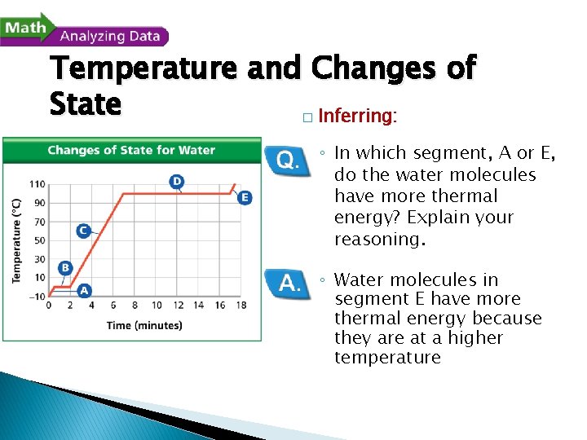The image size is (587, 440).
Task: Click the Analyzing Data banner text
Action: pyautogui.click(x=110, y=36)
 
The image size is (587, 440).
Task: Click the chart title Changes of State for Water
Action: pyautogui.click(x=131, y=150)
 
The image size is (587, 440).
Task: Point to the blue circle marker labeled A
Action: pyautogui.click(x=83, y=289)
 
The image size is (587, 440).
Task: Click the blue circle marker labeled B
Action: pyautogui.click(x=65, y=267)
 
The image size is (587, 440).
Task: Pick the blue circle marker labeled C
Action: pyautogui.click(x=83, y=231)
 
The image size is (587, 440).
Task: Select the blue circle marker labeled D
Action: pyautogui.click(x=176, y=180)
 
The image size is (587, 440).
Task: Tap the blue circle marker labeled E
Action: pyautogui.click(x=245, y=197)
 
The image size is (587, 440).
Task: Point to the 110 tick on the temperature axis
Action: pyautogui.click(x=38, y=184)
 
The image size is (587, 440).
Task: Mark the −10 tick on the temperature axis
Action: pyautogui.click(x=37, y=296)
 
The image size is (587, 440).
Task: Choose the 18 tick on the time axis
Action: pyautogui.click(x=241, y=306)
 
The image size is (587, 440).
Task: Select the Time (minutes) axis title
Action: pyautogui.click(x=144, y=325)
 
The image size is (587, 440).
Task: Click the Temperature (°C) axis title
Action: pyautogui.click(x=16, y=240)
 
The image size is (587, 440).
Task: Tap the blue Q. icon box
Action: pyautogui.click(x=288, y=161)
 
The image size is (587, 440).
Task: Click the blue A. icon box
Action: pyautogui.click(x=288, y=283)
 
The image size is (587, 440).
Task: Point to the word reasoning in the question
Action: pyautogui.click(x=379, y=239)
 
